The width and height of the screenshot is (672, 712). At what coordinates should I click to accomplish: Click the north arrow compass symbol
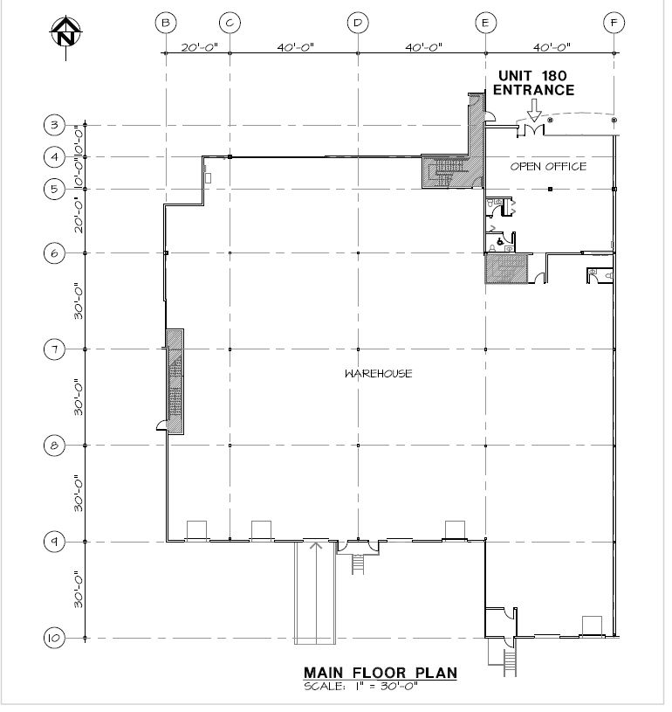66,32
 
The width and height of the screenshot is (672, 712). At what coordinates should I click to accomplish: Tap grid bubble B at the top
167,23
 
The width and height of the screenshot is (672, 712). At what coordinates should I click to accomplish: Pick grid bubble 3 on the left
55,126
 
